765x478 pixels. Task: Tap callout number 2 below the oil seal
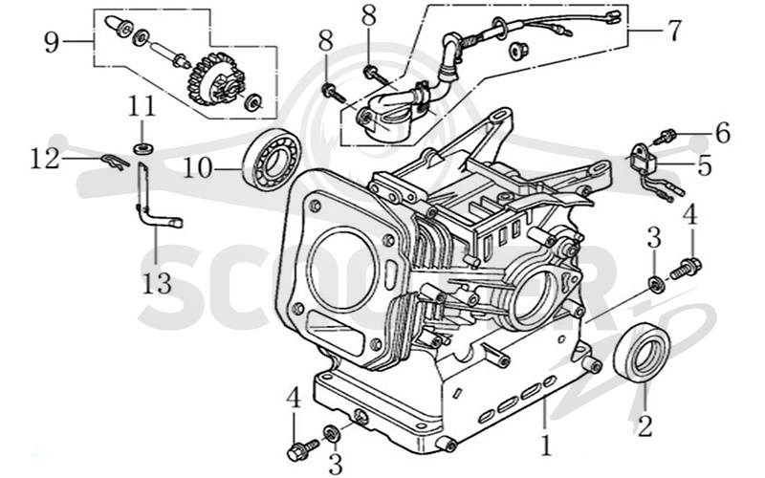(x=644, y=425)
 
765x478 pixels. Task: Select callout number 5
(x=705, y=165)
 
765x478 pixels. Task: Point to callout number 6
(x=723, y=133)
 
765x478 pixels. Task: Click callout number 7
(x=674, y=31)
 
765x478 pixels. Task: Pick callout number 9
(x=52, y=42)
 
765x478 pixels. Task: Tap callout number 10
(x=198, y=169)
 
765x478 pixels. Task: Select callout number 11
(x=142, y=106)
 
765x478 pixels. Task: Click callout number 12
(x=45, y=159)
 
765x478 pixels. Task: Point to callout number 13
(x=157, y=283)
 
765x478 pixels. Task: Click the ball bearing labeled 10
(x=273, y=159)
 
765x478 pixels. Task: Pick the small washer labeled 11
(x=142, y=148)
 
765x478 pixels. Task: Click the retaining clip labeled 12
(x=115, y=162)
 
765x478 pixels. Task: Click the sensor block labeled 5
(x=644, y=155)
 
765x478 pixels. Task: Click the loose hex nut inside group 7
(x=516, y=50)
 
